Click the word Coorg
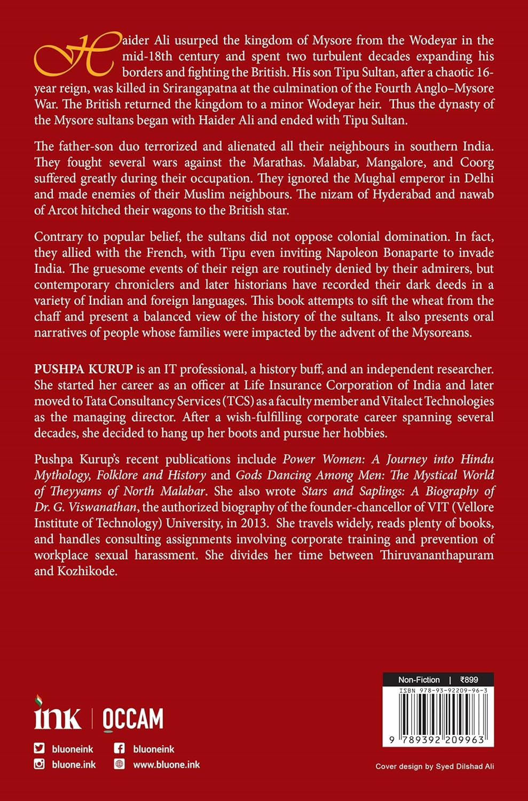475,162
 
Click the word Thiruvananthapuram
437,555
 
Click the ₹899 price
469,680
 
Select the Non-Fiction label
419,680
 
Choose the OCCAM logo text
132,719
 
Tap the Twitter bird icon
40,749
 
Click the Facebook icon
120,749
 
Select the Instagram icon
40,764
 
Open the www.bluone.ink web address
166,765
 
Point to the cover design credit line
435,766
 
